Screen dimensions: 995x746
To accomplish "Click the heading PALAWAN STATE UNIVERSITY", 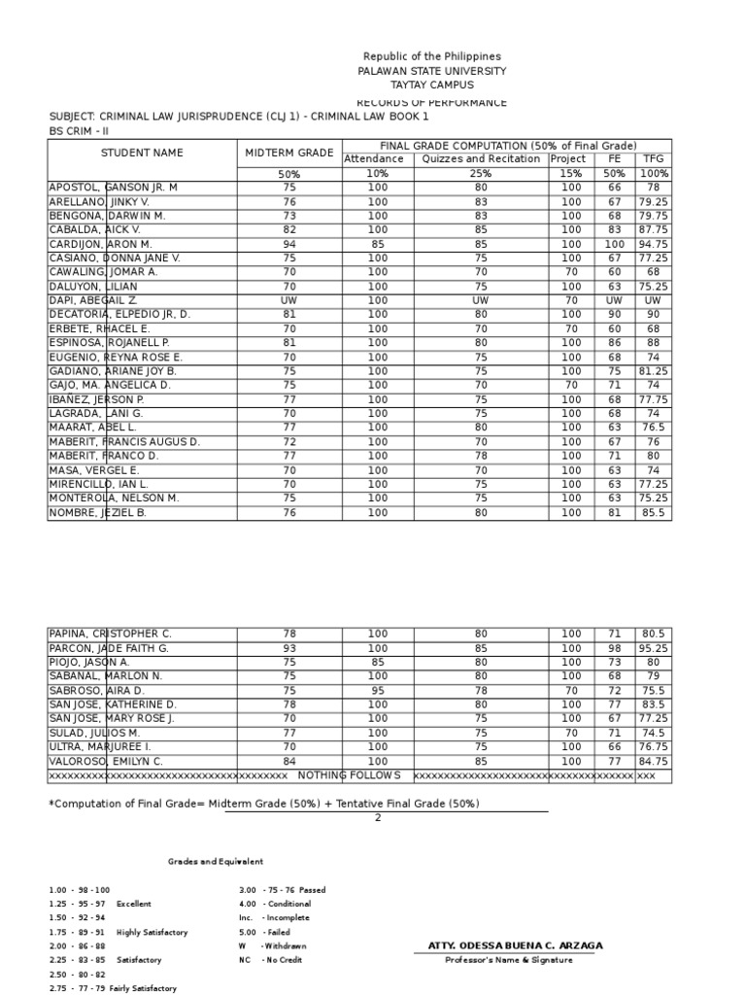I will click(x=432, y=71).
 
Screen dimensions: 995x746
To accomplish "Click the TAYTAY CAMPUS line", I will click(x=432, y=86).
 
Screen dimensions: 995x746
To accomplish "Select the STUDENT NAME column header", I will click(x=142, y=153).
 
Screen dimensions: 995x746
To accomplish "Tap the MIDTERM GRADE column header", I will click(x=289, y=153).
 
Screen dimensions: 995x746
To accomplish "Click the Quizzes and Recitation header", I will click(x=481, y=158).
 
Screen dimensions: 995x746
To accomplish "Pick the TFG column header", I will click(x=652, y=158).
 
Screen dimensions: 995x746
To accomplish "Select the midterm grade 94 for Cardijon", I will click(x=289, y=244).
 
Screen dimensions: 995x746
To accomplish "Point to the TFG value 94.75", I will click(x=652, y=244).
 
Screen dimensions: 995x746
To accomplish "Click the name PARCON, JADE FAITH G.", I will click(x=109, y=648).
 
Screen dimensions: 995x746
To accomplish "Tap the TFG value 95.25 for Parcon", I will click(x=652, y=648).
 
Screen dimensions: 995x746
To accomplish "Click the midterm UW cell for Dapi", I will click(x=289, y=300).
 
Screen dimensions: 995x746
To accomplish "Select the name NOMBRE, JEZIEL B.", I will click(x=97, y=512).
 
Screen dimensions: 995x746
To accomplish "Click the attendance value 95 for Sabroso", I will click(x=378, y=691).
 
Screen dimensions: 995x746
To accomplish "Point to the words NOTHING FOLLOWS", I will click(x=349, y=775).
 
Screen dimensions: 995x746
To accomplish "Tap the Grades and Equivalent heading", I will click(x=215, y=861).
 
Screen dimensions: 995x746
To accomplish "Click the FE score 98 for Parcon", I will click(x=614, y=648).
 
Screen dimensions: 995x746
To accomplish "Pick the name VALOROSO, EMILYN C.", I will click(x=106, y=761).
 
